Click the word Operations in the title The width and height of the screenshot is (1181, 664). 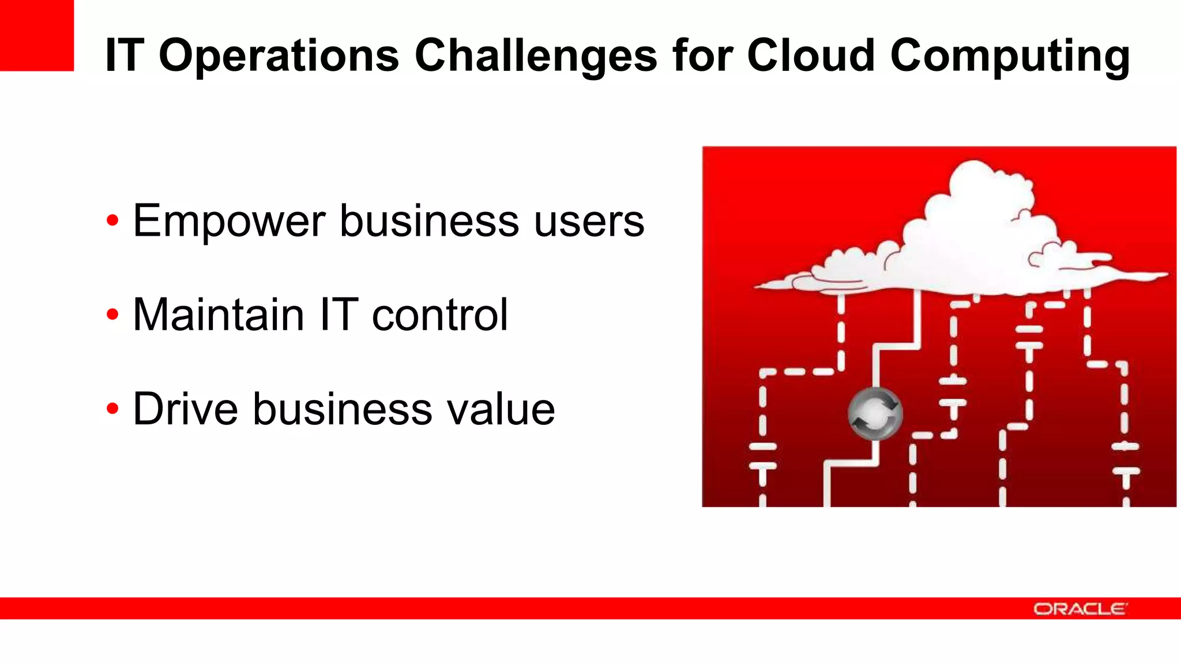point(279,56)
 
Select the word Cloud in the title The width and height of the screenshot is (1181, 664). point(811,56)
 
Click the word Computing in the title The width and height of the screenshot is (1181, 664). point(1010,56)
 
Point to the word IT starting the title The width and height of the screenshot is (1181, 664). point(124,56)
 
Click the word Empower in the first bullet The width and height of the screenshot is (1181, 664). point(230,221)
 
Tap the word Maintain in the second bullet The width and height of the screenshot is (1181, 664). point(219,315)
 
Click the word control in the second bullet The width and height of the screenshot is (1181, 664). point(440,315)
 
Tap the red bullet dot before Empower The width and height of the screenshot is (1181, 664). point(112,221)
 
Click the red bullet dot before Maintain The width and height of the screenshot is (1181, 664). point(112,315)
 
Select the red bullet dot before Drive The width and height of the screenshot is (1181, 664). point(112,409)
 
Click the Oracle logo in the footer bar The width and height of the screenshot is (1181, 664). point(1080,609)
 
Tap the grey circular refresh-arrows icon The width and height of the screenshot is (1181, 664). point(875,413)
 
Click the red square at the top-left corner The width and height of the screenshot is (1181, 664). point(36,35)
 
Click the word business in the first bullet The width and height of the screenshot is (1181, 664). point(429,221)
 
